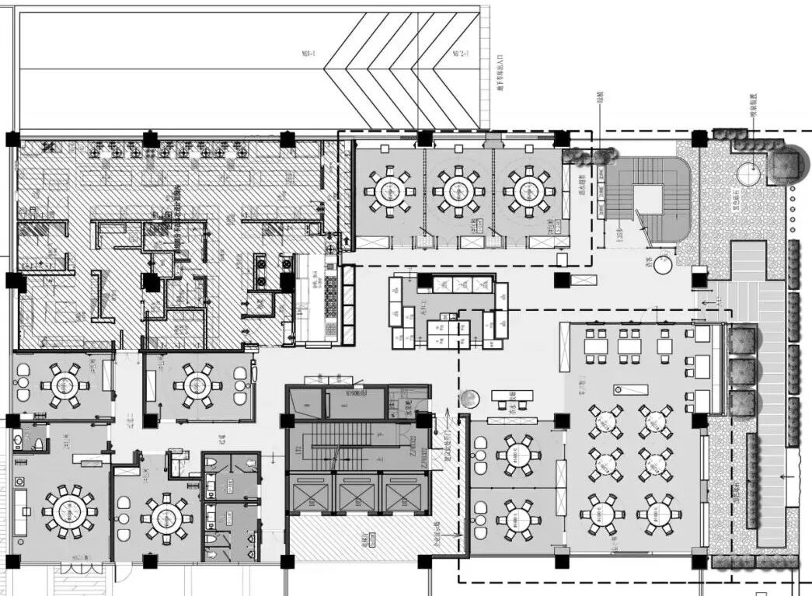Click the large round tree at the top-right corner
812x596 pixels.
tap(786, 164)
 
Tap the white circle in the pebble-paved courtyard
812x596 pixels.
tap(748, 173)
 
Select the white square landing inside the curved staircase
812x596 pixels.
tap(646, 199)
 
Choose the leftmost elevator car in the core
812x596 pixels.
tap(310, 493)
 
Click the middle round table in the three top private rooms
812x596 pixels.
tap(458, 190)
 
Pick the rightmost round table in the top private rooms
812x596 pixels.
tap(528, 190)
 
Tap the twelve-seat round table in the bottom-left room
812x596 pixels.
tap(69, 511)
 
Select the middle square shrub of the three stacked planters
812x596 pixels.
tap(741, 372)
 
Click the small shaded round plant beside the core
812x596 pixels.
tap(469, 399)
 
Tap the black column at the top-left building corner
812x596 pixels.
tap(12, 140)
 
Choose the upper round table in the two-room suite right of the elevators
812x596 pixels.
tap(518, 455)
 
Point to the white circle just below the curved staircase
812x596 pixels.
tap(662, 265)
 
